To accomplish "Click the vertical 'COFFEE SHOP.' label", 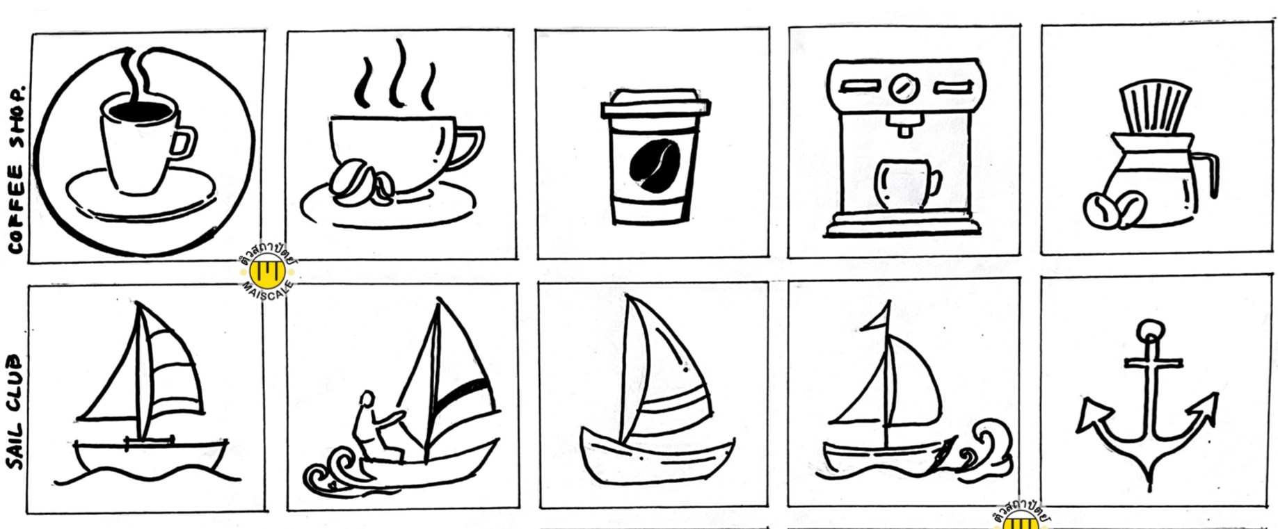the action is (16, 170).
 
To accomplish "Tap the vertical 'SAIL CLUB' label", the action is (15, 412).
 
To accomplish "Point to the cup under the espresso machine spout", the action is (907, 184).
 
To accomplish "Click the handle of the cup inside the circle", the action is (182, 143).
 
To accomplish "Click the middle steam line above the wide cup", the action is (398, 72).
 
